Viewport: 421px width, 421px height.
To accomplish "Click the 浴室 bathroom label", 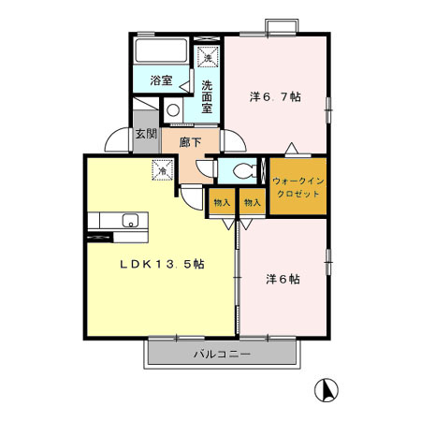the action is [x=161, y=80].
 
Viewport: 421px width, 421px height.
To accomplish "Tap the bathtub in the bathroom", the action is [x=161, y=51].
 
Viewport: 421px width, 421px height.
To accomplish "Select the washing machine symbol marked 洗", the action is [x=208, y=56].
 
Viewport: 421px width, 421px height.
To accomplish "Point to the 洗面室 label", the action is [x=207, y=96].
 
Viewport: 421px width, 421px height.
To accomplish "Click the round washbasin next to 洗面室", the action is [x=173, y=110].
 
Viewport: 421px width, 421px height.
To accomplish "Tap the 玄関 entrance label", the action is [x=146, y=134].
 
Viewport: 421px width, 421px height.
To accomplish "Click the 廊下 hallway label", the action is [x=190, y=142].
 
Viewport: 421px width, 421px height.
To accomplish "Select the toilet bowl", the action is [x=244, y=171].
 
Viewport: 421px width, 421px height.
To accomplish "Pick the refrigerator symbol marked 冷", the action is [x=163, y=170].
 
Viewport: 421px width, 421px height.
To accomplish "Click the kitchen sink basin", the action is [x=130, y=221].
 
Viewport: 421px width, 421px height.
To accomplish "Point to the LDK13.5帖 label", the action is [x=163, y=264].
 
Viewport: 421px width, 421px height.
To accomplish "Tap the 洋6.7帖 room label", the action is [x=275, y=96].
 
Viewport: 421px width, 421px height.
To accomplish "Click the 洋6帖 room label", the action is [x=283, y=279].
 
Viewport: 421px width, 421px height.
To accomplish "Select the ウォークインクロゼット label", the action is [x=298, y=187].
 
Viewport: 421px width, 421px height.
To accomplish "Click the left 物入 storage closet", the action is [x=222, y=201].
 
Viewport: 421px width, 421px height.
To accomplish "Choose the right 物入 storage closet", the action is [x=253, y=201].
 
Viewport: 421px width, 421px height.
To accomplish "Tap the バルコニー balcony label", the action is [x=222, y=355].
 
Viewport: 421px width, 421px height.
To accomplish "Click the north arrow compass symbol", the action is [x=327, y=390].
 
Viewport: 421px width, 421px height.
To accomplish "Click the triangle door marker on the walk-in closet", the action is [x=292, y=148].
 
